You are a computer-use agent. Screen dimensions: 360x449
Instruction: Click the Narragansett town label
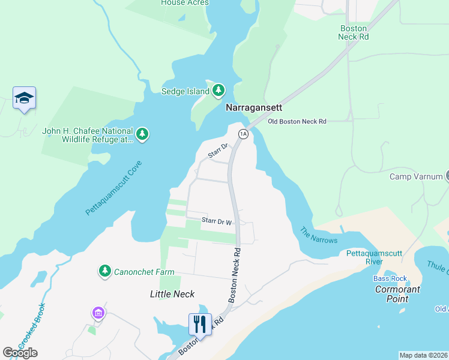(x=253, y=108)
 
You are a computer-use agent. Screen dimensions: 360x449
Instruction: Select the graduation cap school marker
(x=24, y=98)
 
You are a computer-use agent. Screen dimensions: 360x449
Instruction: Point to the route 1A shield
(x=243, y=134)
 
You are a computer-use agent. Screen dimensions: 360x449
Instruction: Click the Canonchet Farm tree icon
(x=105, y=272)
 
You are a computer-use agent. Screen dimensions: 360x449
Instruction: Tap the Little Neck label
(x=172, y=293)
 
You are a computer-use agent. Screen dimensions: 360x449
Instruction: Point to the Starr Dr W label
(x=217, y=221)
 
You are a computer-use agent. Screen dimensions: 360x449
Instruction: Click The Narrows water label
(x=319, y=235)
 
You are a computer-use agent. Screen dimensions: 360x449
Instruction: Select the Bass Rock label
(x=390, y=278)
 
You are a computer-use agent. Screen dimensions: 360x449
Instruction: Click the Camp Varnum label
(x=416, y=176)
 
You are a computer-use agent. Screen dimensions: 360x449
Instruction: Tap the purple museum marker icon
(x=98, y=313)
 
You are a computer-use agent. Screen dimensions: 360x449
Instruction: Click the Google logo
(x=20, y=353)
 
